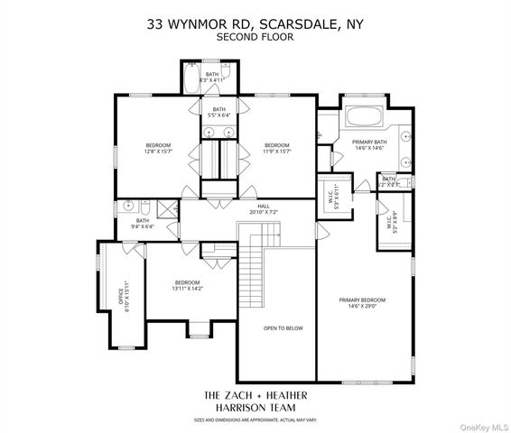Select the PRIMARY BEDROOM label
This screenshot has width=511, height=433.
[362, 299]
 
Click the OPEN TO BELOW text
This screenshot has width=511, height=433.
[283, 327]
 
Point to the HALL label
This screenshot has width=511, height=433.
[264, 207]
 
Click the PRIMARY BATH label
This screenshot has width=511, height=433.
[369, 142]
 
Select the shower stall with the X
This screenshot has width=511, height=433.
[167, 208]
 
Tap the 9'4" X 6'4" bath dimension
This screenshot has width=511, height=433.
[143, 226]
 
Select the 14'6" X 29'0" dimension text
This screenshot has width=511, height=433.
[362, 307]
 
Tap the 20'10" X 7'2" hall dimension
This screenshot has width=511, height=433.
[264, 213]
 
